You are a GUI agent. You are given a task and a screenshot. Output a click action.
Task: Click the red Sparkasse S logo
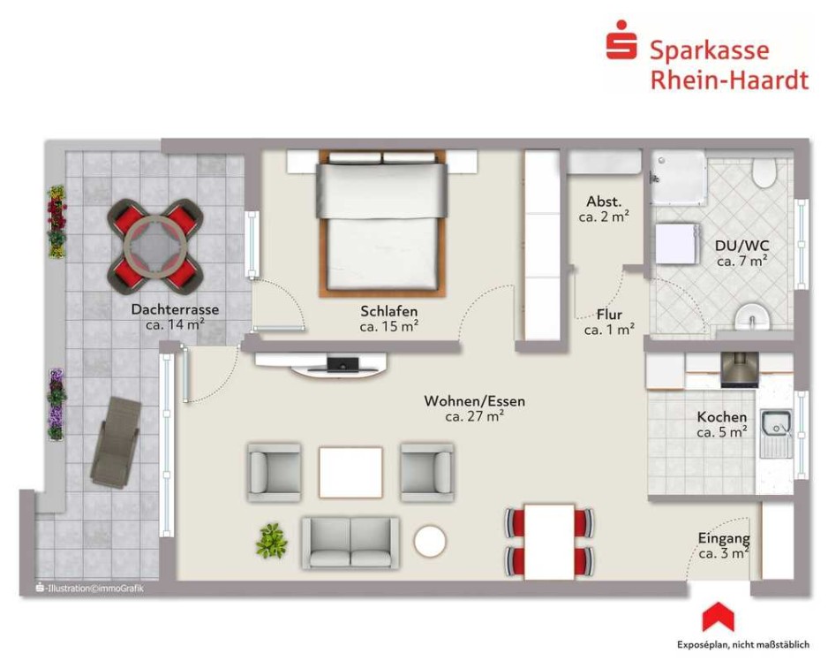(621, 40)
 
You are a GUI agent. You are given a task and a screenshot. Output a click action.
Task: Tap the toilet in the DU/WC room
(764, 171)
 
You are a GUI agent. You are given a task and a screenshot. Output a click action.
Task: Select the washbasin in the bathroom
(752, 316)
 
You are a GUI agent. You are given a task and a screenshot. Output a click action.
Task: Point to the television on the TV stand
(342, 365)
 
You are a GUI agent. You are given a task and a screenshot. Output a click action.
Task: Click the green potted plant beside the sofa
(271, 541)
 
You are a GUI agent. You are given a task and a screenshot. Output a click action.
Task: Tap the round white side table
(430, 541)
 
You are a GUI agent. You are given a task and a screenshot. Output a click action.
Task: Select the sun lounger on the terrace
(116, 443)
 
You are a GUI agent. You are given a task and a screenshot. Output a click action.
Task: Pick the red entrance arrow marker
(718, 617)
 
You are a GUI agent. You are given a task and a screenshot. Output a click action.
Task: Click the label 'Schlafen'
(389, 311)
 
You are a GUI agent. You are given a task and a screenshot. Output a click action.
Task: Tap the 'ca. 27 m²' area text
(474, 416)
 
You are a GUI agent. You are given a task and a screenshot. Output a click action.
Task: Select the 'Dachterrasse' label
(175, 309)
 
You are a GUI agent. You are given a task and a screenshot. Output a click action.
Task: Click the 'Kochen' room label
(722, 417)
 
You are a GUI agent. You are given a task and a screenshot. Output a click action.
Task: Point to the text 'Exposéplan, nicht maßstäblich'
(743, 644)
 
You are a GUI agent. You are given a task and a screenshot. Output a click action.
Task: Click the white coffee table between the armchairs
(350, 472)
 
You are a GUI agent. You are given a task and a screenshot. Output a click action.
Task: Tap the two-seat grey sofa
(350, 544)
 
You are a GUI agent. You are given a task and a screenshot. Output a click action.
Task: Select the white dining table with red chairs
(549, 542)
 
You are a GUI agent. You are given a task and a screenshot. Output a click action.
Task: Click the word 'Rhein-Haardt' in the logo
(729, 80)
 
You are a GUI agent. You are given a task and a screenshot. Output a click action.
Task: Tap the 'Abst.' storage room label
(604, 201)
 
